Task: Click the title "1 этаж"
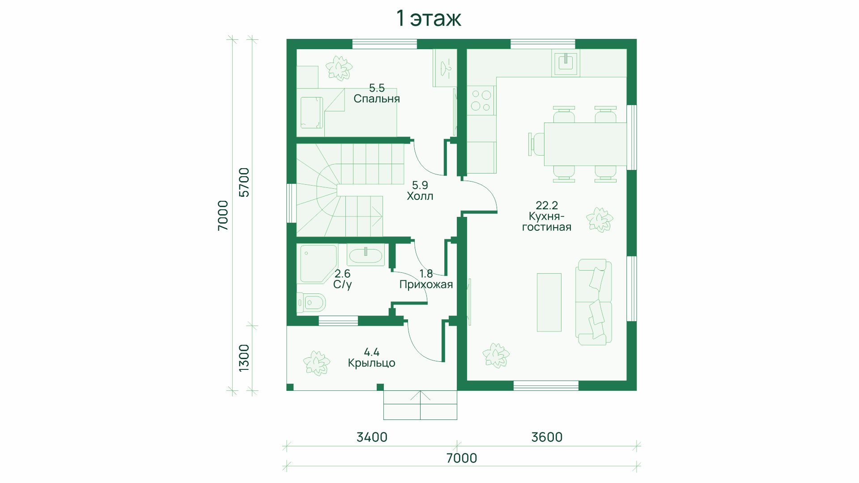pyautogui.click(x=429, y=19)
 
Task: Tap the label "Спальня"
pyautogui.click(x=377, y=99)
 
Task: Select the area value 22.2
pyautogui.click(x=547, y=205)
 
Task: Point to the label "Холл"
pyautogui.click(x=420, y=196)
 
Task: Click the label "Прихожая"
pyautogui.click(x=426, y=284)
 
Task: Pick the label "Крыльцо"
pyautogui.click(x=372, y=363)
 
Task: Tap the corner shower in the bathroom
pyautogui.click(x=318, y=264)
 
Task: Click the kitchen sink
pyautogui.click(x=567, y=63)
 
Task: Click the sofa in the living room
pyautogui.click(x=594, y=302)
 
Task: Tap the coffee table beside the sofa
pyautogui.click(x=549, y=302)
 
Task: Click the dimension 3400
pyautogui.click(x=372, y=437)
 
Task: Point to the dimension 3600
pyautogui.click(x=547, y=437)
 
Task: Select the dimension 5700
pyautogui.click(x=244, y=182)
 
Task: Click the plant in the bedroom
pyautogui.click(x=339, y=68)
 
